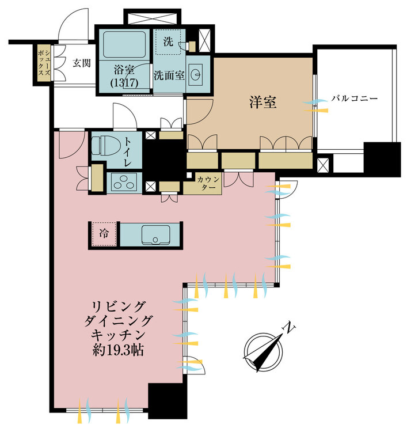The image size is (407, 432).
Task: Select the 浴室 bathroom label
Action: pyautogui.click(x=124, y=70)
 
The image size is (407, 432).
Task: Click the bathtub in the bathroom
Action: pyautogui.click(x=124, y=44)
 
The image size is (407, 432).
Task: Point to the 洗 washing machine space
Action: pyautogui.click(x=168, y=42)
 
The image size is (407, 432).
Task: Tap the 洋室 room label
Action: pyautogui.click(x=263, y=103)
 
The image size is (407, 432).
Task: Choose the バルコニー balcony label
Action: pyautogui.click(x=354, y=98)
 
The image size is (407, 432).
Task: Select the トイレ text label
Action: pyautogui.click(x=131, y=150)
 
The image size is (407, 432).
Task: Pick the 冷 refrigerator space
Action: pyautogui.click(x=104, y=234)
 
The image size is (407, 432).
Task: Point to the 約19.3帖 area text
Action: pyautogui.click(x=121, y=350)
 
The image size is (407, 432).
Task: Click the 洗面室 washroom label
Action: pyautogui.click(x=169, y=75)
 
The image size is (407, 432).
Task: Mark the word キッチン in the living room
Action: pyautogui.click(x=122, y=335)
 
